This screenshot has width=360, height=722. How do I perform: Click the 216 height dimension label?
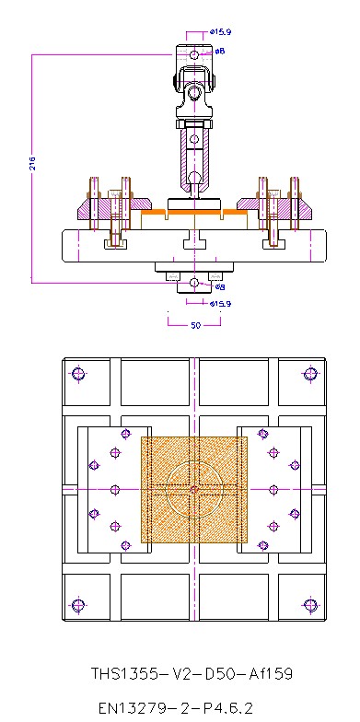pos(33,163)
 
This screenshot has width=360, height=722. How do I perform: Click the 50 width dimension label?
pos(195,326)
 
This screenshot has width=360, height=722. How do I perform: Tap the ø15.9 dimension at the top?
pos(219,32)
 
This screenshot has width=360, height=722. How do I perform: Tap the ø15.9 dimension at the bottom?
pos(219,304)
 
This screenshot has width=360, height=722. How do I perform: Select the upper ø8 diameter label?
pos(219,51)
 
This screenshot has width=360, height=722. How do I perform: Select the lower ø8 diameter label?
pos(219,287)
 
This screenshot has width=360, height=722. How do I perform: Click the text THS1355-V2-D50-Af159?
pos(192,674)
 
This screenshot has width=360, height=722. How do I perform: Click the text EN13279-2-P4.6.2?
pos(177,707)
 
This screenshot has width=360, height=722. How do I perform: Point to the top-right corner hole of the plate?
pos(311,374)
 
